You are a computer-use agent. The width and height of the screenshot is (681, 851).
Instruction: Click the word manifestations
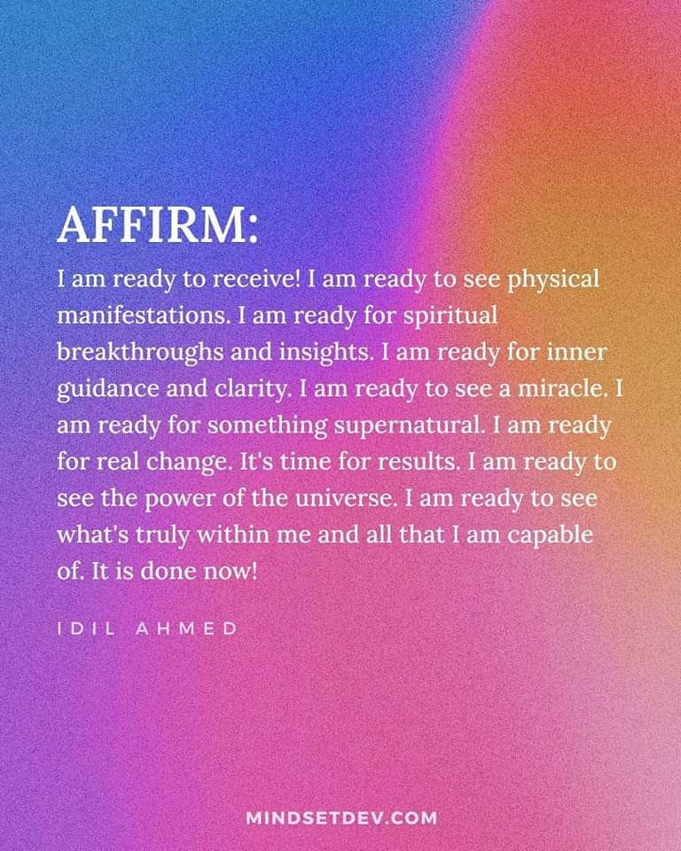pyautogui.click(x=142, y=316)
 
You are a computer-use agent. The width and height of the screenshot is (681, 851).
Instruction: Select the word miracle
pyautogui.click(x=561, y=388)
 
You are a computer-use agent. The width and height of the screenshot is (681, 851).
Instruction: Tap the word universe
pyautogui.click(x=339, y=497)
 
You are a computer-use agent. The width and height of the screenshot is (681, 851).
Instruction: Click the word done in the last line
pyautogui.click(x=168, y=570)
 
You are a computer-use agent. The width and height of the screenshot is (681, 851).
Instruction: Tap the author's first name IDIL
pyautogui.click(x=86, y=628)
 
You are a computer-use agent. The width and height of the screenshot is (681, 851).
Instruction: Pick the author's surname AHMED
pyautogui.click(x=186, y=628)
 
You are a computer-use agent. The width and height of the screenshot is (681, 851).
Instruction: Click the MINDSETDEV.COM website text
pyautogui.click(x=341, y=818)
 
